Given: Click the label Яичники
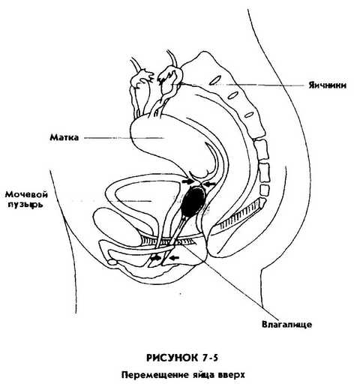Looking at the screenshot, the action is point(327,85).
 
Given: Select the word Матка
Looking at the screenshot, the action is point(64,137).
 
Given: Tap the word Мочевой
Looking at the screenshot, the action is point(27,194).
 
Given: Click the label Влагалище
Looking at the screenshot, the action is point(287,325).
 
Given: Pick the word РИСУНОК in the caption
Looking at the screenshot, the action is point(172,358).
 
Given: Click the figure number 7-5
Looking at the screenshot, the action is point(209,358).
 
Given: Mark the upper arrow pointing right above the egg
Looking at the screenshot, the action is point(187,181).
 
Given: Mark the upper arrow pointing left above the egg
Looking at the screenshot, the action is point(209,184).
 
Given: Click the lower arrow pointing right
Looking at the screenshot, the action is point(157,258).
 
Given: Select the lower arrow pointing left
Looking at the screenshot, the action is point(174,257).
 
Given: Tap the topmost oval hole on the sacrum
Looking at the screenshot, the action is point(215,79).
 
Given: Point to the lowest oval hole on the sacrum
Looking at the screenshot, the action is point(248,115).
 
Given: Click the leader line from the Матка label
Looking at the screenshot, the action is point(124,138).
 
